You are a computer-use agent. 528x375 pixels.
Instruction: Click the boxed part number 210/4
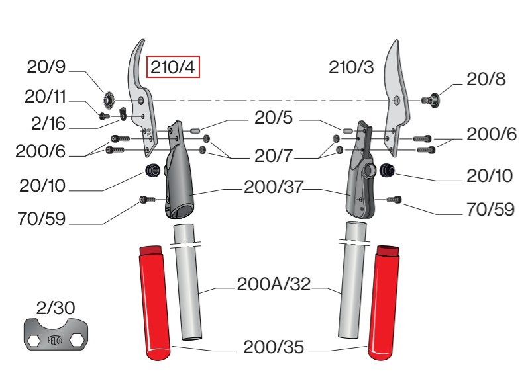click(173, 67)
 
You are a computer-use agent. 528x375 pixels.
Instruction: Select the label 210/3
click(351, 67)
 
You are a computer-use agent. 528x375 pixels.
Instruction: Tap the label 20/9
click(46, 67)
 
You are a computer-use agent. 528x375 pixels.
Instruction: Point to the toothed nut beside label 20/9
click(109, 100)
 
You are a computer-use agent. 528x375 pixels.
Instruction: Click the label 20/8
click(486, 79)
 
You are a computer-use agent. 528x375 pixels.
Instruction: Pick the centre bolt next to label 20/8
click(431, 99)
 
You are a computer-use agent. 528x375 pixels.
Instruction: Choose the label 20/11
click(46, 97)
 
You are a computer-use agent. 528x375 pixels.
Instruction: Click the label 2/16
click(48, 123)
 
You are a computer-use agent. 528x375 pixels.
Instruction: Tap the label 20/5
click(274, 118)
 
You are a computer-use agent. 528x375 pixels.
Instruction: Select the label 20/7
click(274, 156)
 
